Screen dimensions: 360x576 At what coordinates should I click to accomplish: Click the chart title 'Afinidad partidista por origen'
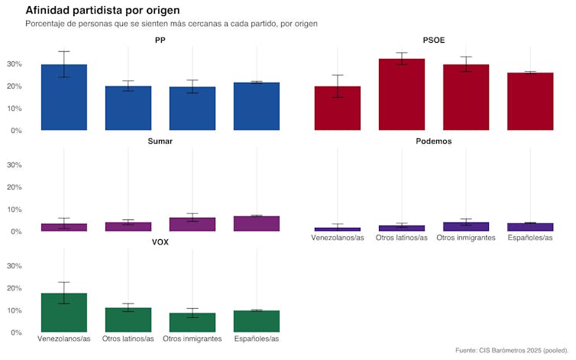[x=102, y=10]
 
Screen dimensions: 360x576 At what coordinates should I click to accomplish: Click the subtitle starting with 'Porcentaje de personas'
[x=171, y=24]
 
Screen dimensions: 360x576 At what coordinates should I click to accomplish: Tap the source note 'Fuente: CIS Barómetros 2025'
[x=512, y=350]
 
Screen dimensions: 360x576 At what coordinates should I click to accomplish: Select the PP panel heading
[x=160, y=40]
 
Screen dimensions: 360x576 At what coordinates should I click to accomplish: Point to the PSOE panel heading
[x=434, y=40]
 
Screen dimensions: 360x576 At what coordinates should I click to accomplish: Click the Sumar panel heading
[x=160, y=141]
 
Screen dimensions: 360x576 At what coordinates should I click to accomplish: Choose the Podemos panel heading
[x=434, y=141]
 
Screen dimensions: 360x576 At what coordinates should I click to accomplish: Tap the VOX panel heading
[x=160, y=242]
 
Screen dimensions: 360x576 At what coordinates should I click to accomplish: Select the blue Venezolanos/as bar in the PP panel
[x=64, y=98]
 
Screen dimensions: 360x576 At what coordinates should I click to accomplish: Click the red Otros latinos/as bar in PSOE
[x=402, y=95]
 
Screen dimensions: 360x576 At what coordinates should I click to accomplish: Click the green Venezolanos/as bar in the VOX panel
[x=64, y=313]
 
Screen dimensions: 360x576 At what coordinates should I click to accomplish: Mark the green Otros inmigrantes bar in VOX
[x=193, y=323]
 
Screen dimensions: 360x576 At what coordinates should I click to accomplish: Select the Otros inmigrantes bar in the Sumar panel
[x=193, y=225]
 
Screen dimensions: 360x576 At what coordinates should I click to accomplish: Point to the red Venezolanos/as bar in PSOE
[x=338, y=109]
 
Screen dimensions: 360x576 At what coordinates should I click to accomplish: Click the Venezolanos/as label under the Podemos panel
[x=338, y=238]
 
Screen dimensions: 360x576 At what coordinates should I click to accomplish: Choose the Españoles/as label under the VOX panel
[x=257, y=339]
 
